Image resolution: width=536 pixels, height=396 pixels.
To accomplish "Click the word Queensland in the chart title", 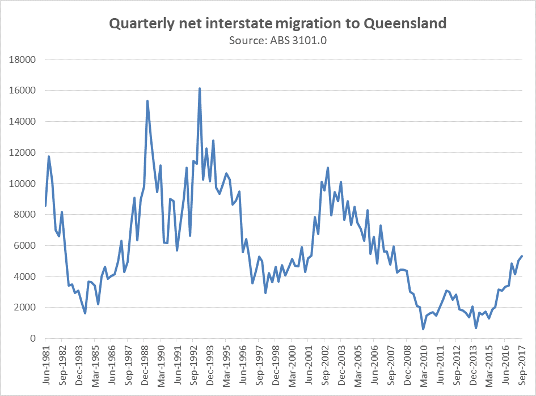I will pyautogui.click(x=405, y=24).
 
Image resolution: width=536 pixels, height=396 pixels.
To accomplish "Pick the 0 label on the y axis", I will pyautogui.click(x=33, y=339).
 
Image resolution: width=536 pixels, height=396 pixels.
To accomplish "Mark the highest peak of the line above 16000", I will pyautogui.click(x=200, y=88).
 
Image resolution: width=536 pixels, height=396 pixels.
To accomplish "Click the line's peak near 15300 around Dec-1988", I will pyautogui.click(x=147, y=101).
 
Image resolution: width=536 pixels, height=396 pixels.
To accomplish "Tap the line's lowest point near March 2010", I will pyautogui.click(x=423, y=329).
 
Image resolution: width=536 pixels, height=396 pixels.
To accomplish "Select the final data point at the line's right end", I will pyautogui.click(x=522, y=256).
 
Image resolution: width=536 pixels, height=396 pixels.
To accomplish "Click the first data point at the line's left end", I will pyautogui.click(x=45, y=206).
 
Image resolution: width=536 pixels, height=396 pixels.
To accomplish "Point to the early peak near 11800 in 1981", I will pyautogui.click(x=49, y=156).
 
